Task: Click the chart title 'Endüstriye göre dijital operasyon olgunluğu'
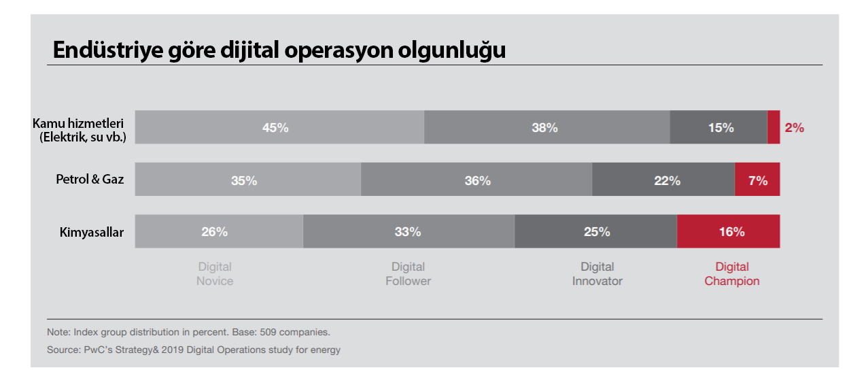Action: pos(279,51)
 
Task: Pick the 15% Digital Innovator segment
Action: pos(718,127)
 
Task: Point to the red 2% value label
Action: pos(795,127)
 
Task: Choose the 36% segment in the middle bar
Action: pos(476,180)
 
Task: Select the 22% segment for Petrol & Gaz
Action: pos(663,180)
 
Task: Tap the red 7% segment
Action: pos(757,180)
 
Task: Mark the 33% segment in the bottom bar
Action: pos(409,232)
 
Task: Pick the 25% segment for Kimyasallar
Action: pos(595,232)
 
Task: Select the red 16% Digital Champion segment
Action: pos(729,232)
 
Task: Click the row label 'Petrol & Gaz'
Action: pos(90,180)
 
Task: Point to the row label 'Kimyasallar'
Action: pos(91,233)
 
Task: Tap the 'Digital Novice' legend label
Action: pos(215,274)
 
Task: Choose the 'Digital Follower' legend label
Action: pos(409,274)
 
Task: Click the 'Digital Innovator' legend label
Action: pos(597,274)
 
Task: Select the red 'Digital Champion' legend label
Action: pos(732,274)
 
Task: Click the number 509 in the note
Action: pos(271,333)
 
